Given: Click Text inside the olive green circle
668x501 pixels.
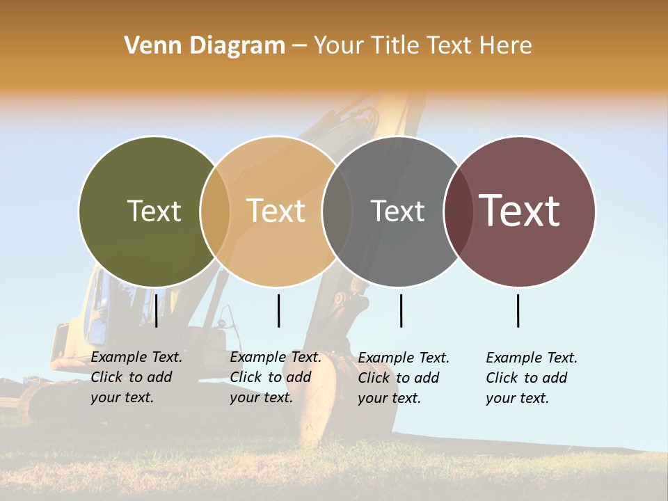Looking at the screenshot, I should tap(154, 211).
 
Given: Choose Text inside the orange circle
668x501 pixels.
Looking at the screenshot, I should tap(276, 211).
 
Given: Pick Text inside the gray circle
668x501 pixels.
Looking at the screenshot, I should tap(397, 211).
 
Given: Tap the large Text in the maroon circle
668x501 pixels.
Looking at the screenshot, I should tap(520, 210).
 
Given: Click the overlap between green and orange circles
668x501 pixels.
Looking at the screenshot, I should tap(215, 211).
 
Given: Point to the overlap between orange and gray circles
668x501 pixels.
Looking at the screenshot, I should tap(337, 211).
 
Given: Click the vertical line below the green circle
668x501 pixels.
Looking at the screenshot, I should tap(157, 310).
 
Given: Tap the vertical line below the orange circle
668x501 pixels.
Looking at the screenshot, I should tap(278, 310).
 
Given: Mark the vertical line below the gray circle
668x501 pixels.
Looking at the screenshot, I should tap(401, 310).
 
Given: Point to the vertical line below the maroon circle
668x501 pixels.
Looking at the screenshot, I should tap(518, 310).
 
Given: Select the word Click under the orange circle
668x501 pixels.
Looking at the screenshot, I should tap(245, 378).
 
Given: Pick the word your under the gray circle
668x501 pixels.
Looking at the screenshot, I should tap(373, 399).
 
